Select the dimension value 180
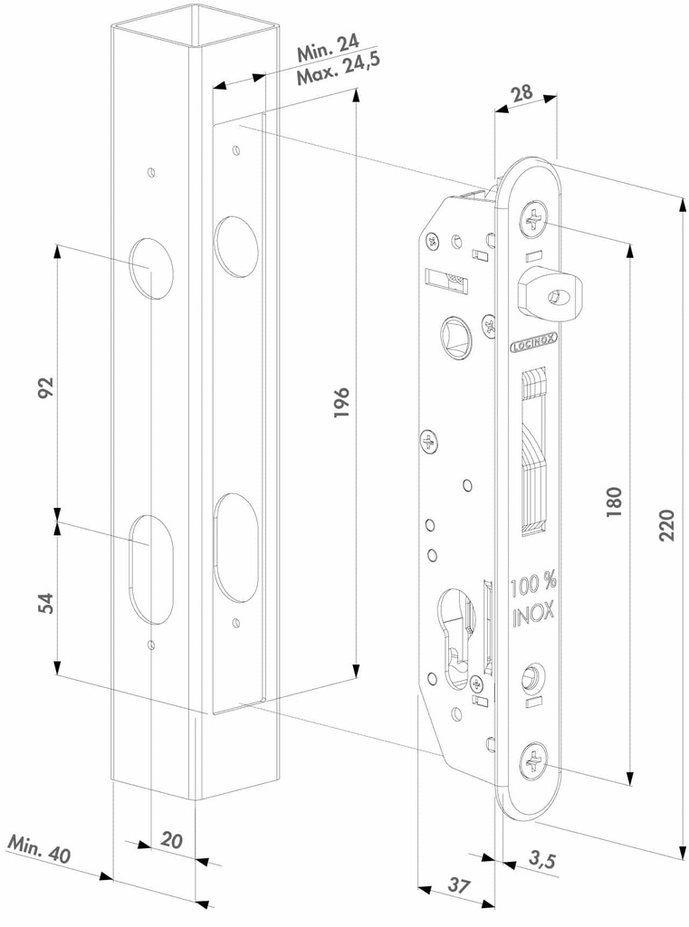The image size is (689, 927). coord(614,502)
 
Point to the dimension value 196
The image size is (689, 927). coord(341,401)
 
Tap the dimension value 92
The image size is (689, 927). coord(45,387)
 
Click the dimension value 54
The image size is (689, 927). coord(45,602)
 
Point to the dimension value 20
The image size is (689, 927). coord(170,840)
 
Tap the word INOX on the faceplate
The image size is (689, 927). coord(533,618)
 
